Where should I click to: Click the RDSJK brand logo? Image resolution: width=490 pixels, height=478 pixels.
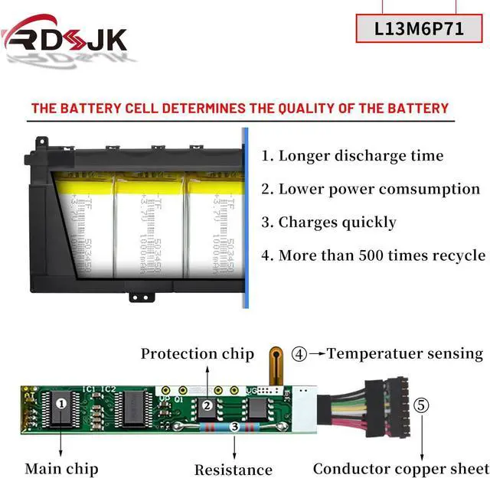coord(64,36)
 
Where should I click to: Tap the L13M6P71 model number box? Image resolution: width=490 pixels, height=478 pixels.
coord(420,28)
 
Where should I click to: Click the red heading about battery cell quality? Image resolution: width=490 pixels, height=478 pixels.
coord(240,108)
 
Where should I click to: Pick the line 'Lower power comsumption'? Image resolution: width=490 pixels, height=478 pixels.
coord(371,189)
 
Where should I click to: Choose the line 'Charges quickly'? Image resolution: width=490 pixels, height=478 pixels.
coord(328,223)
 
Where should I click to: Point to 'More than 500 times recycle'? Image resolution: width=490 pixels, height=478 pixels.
coord(373,255)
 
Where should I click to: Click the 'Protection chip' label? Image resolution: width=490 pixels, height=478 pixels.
coord(197,354)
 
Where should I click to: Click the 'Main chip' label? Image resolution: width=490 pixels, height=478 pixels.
coord(61,468)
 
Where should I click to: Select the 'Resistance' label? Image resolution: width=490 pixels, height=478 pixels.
coord(233,470)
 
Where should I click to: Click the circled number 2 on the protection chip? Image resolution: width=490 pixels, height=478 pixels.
coord(207,406)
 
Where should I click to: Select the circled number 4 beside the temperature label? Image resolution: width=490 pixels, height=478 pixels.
coord(299,354)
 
